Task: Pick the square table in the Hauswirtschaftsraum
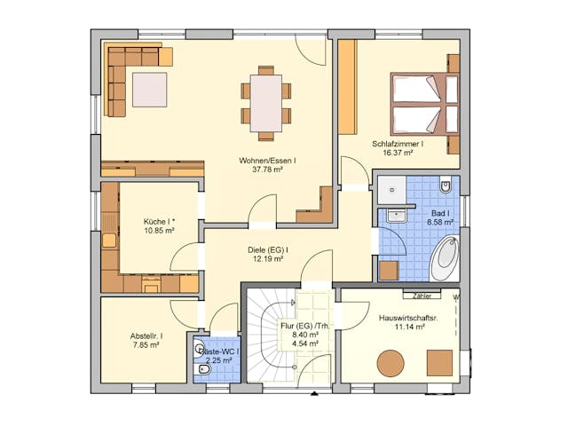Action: point(439,363)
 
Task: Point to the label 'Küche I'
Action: point(159,221)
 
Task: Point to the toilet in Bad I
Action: point(446,186)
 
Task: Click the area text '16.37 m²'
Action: point(398,153)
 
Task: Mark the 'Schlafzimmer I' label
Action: point(398,143)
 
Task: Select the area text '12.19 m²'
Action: point(266,260)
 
